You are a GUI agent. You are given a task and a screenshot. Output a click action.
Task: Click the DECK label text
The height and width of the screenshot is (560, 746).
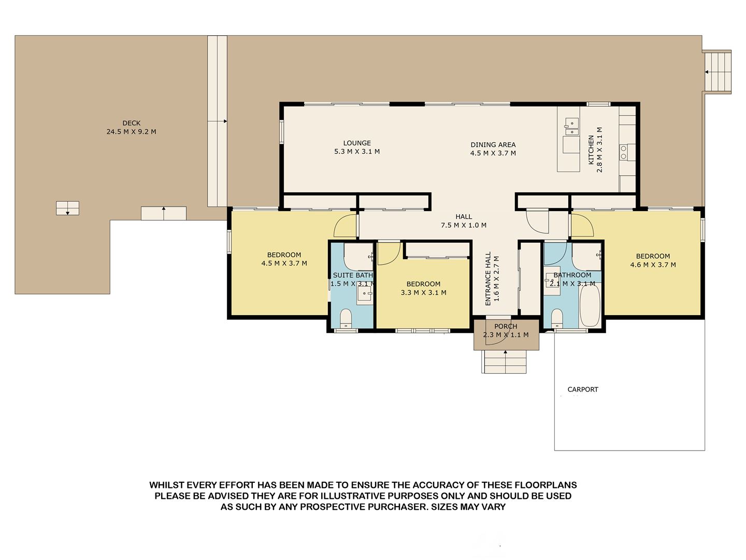click(x=132, y=123)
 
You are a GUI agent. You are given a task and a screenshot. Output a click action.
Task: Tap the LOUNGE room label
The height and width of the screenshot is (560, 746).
click(x=357, y=143)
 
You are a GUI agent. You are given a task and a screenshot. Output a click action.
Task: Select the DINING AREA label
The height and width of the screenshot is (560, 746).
click(x=493, y=145)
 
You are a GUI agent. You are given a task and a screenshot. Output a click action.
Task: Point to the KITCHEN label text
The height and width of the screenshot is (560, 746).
click(x=591, y=150)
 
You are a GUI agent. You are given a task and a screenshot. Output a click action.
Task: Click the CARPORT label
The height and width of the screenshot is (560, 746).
click(x=583, y=389)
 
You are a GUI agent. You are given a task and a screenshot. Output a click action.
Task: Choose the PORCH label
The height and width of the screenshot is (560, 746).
click(x=506, y=327)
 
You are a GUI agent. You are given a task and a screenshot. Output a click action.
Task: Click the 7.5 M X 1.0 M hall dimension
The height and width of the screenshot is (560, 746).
click(x=464, y=225)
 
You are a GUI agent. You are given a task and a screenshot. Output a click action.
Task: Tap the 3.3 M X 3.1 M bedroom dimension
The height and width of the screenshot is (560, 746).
click(x=423, y=292)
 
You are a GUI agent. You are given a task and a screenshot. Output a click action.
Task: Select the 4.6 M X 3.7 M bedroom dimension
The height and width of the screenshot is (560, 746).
click(x=653, y=265)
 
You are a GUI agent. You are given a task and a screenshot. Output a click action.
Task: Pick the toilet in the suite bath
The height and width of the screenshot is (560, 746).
click(x=346, y=318)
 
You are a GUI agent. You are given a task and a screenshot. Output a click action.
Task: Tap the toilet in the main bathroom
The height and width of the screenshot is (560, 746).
click(x=557, y=318)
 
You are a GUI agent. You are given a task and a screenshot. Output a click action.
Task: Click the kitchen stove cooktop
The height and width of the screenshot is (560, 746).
click(x=623, y=152)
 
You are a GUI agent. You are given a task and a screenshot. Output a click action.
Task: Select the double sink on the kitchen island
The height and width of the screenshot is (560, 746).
click(x=572, y=127)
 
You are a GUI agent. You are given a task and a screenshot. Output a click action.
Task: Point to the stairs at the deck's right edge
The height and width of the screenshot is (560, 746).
click(x=718, y=72)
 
